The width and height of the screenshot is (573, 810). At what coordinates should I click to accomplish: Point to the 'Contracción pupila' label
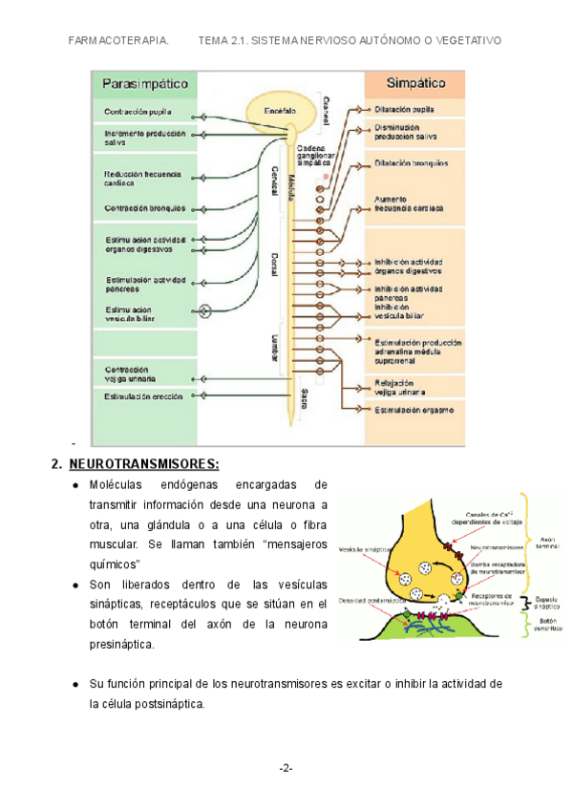[138, 112]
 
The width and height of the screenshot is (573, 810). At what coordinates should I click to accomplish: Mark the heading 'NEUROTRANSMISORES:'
[144, 464]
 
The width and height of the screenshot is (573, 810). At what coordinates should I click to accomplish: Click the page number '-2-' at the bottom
[286, 768]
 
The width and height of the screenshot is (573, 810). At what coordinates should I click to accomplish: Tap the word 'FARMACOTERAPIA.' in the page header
[120, 41]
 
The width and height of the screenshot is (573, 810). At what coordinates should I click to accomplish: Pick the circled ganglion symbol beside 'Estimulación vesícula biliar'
[203, 310]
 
